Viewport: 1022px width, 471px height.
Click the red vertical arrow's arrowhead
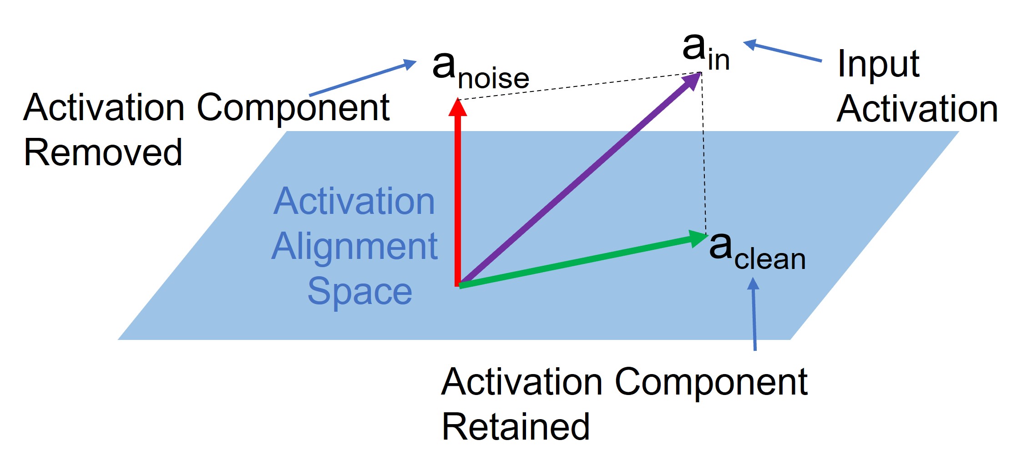pos(458,107)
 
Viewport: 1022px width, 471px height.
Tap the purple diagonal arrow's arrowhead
pos(692,81)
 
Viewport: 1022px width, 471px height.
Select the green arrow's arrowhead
pos(698,238)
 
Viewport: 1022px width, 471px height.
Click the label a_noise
pos(481,71)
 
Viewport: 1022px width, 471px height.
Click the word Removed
pos(103,153)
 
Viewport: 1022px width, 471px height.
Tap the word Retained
pos(516,427)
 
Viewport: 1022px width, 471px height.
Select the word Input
pos(878,64)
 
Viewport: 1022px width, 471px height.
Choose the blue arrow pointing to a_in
pos(783,51)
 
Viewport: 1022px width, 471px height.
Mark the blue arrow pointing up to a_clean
pos(754,314)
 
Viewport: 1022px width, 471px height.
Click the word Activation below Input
pos(917,109)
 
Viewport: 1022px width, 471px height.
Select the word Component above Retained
pos(711,382)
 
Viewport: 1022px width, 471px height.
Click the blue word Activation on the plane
pos(354,202)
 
